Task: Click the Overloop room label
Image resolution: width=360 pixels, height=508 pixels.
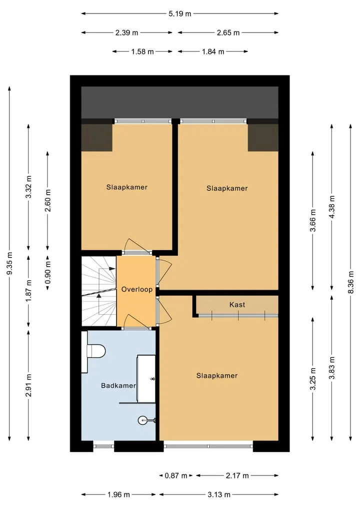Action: (137, 289)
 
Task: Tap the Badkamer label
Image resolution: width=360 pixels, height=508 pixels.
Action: (118, 386)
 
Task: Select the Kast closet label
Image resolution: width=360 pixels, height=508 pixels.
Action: (237, 305)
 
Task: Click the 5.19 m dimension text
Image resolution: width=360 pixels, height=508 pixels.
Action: (179, 13)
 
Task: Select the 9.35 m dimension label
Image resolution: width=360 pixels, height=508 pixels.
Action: (9, 263)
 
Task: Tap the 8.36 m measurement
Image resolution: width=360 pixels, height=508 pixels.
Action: (350, 282)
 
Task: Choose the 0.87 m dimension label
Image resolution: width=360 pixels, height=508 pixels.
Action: (176, 476)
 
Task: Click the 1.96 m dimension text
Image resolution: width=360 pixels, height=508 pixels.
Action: (118, 495)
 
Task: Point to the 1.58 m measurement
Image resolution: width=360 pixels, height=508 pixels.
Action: (142, 51)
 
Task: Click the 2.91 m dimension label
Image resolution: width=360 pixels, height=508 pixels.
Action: (29, 385)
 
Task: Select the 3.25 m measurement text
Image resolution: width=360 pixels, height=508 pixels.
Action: (313, 379)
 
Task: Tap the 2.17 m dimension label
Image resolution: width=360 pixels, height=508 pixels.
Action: (237, 476)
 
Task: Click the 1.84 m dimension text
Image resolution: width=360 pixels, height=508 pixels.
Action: (213, 51)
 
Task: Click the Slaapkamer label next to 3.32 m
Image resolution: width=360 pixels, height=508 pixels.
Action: (127, 187)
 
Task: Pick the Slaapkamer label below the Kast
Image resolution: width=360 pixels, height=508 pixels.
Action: (217, 376)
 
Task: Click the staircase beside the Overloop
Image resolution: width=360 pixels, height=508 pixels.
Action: (99, 291)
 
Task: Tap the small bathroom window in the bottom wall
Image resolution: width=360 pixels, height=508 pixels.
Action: (104, 446)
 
